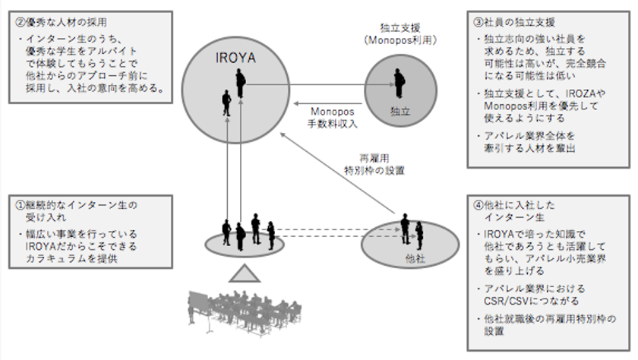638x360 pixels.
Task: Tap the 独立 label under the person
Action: pos(400,111)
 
